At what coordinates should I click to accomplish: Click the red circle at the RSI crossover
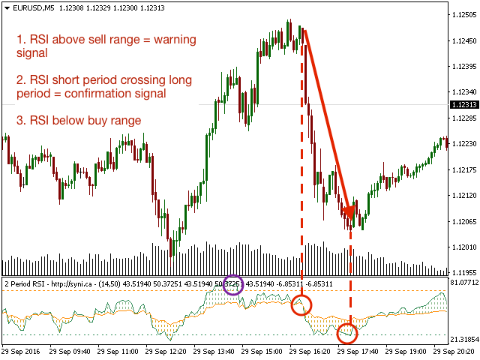[301, 305]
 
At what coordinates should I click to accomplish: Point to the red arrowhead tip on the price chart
[350, 218]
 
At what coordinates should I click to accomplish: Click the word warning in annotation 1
[170, 38]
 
